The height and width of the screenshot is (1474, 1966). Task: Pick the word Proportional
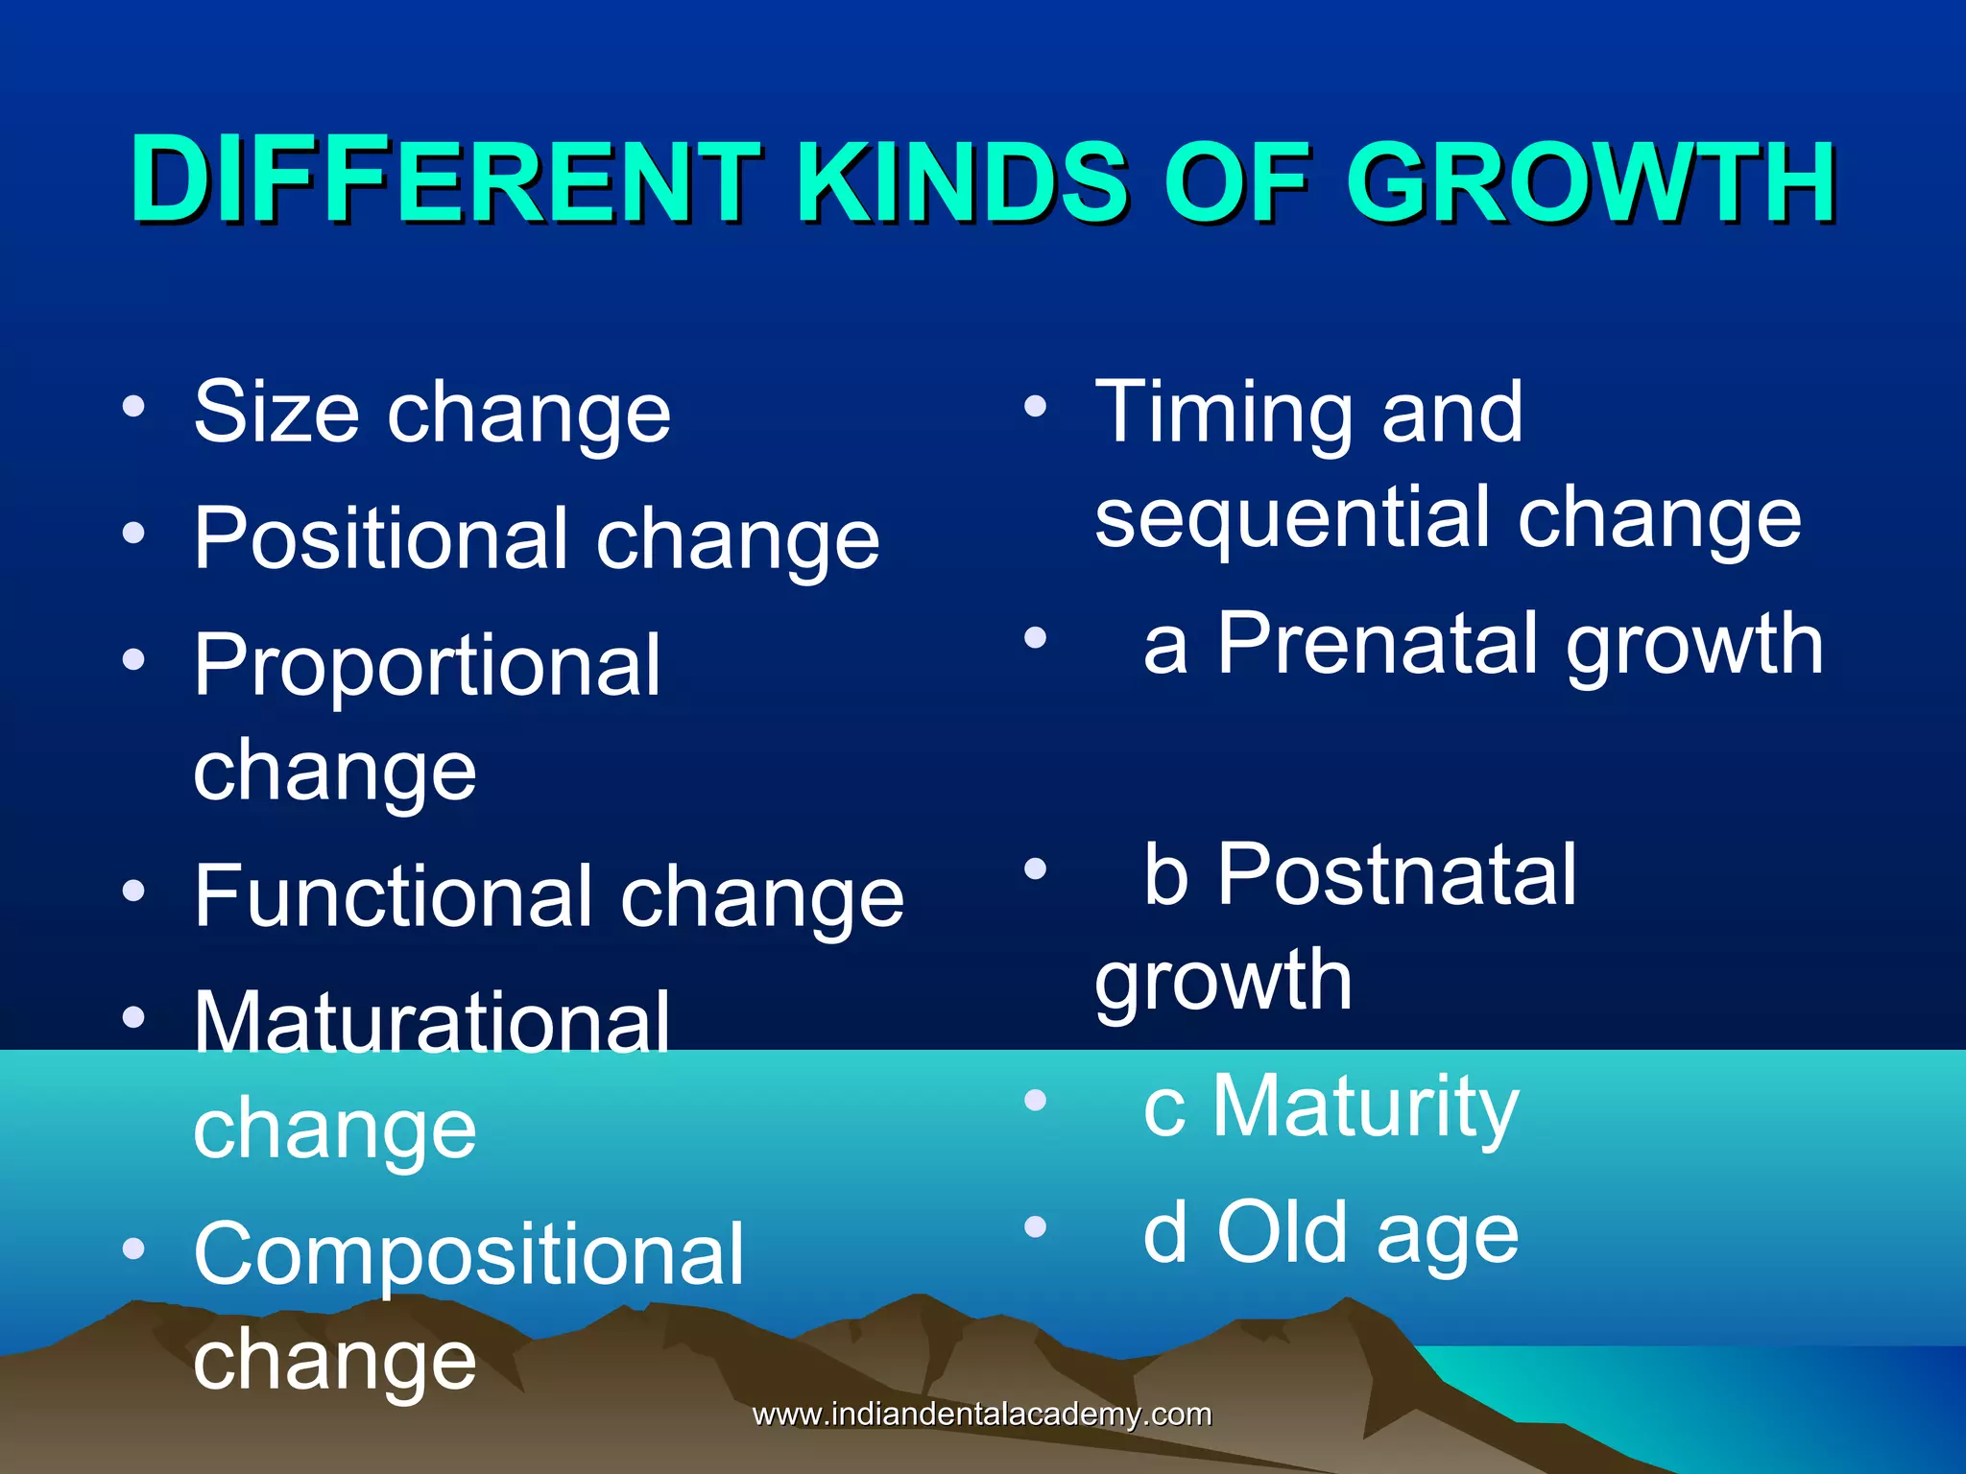pyautogui.click(x=427, y=668)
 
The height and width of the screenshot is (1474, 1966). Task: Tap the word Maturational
pyautogui.click(x=432, y=1023)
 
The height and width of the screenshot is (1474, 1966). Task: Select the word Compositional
pyautogui.click(x=468, y=1255)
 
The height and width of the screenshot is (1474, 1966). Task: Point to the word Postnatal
pyautogui.click(x=1397, y=875)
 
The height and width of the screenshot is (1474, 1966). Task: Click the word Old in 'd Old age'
pyautogui.click(x=1283, y=1233)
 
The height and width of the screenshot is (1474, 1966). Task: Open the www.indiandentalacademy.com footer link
pyautogui.click(x=982, y=1415)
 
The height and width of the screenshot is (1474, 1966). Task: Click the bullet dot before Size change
pyautogui.click(x=133, y=406)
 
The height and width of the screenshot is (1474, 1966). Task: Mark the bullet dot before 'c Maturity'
pyautogui.click(x=1034, y=1100)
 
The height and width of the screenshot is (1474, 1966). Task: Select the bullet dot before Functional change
pyautogui.click(x=133, y=890)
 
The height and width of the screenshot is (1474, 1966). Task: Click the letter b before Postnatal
pyautogui.click(x=1165, y=875)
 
